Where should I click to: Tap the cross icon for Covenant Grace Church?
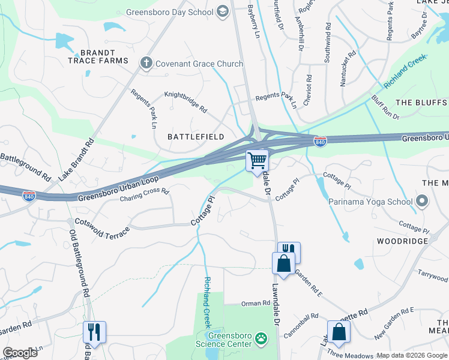pyautogui.click(x=146, y=63)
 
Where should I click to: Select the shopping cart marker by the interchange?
pyautogui.click(x=257, y=160)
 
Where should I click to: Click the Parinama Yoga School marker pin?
pyautogui.click(x=421, y=201)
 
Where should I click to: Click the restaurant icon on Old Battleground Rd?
pyautogui.click(x=94, y=331)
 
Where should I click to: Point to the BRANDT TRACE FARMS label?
pyautogui.click(x=98, y=56)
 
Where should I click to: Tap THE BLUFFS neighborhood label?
pyautogui.click(x=421, y=103)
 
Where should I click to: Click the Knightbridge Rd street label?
pyautogui.click(x=185, y=103)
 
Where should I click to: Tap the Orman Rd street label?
pyautogui.click(x=256, y=304)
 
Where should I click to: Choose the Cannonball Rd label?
pyautogui.click(x=301, y=325)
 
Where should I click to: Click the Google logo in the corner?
pyautogui.click(x=20, y=353)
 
